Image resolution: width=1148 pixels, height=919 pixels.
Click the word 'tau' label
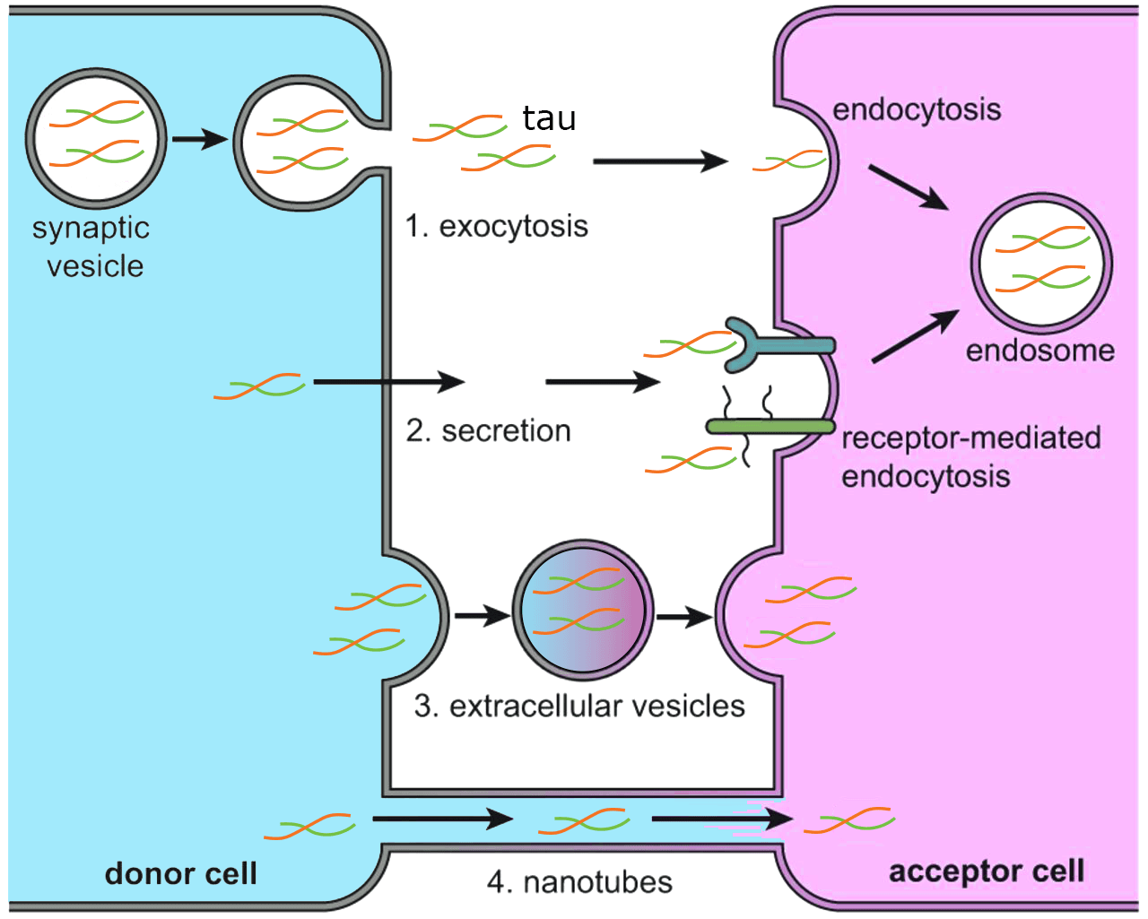[549, 119]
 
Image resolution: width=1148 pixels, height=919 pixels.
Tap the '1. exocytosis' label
[496, 226]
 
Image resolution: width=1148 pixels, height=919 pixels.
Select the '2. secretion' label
[488, 431]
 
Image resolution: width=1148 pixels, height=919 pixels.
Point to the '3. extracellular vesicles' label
[579, 707]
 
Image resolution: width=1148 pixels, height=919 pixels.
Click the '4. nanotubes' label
[579, 882]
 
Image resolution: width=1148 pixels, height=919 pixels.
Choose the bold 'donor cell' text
[181, 873]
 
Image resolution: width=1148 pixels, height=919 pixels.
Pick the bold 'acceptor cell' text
[986, 871]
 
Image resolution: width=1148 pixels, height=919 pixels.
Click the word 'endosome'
[1039, 351]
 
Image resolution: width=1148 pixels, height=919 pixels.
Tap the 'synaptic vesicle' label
[91, 247]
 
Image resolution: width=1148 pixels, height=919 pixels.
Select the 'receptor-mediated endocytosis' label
[970, 456]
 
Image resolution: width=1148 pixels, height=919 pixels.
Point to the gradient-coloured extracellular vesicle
[583, 610]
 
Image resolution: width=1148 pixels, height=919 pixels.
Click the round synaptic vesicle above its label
[96, 139]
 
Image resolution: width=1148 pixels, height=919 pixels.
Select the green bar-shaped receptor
[770, 427]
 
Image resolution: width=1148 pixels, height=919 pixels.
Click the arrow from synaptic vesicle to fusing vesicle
[200, 139]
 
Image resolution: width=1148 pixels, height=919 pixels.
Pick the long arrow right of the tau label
[660, 161]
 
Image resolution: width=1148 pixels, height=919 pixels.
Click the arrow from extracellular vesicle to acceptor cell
[684, 617]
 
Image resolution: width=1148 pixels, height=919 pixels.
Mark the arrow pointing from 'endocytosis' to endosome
[908, 187]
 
